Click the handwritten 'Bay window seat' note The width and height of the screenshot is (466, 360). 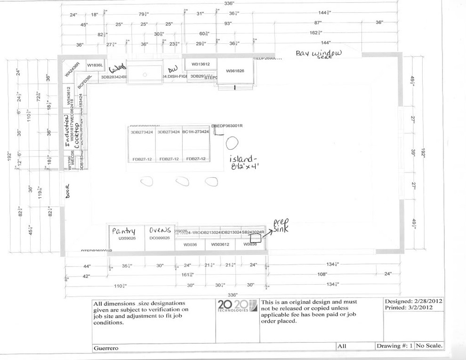pos(319,54)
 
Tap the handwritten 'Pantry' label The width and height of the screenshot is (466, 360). pos(123,231)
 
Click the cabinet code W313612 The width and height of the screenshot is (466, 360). pos(200,64)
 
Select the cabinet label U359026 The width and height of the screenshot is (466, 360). pos(126,238)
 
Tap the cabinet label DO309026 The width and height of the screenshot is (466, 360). pos(159,238)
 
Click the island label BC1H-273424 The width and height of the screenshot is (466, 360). pos(195,132)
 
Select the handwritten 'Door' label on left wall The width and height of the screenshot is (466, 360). pos(67,191)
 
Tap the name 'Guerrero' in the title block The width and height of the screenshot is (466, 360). pos(105,348)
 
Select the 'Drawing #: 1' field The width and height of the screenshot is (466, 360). pos(394,346)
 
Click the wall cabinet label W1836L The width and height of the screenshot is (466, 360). pos(95,65)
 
